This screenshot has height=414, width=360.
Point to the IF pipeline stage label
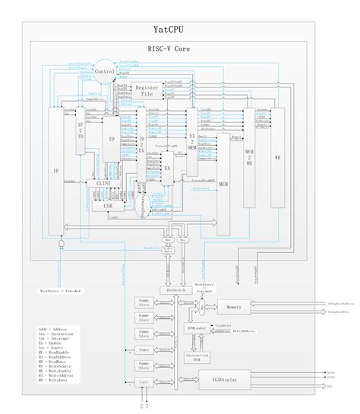[x=55, y=171]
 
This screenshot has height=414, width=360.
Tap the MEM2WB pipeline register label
[x=249, y=155]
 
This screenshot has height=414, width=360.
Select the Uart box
[x=144, y=384]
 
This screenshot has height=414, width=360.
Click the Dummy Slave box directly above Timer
[x=144, y=335]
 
